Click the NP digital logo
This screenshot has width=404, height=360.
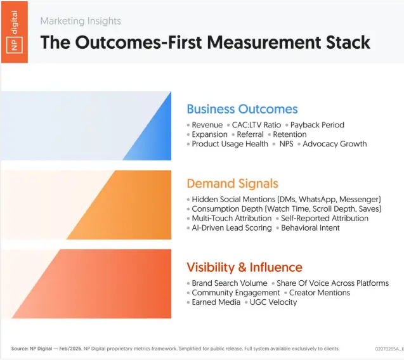click(14, 32)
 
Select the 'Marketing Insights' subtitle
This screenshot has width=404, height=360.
click(81, 21)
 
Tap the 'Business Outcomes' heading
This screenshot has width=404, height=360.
click(242, 109)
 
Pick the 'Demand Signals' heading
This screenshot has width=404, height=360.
click(232, 184)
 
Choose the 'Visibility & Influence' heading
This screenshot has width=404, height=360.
click(244, 267)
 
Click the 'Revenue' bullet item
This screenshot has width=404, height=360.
click(207, 125)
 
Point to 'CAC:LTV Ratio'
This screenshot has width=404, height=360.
click(256, 125)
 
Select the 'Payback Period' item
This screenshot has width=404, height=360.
click(317, 125)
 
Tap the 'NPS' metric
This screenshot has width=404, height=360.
click(287, 144)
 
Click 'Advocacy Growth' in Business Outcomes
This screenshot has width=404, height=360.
click(334, 144)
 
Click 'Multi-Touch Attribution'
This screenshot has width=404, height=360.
click(231, 218)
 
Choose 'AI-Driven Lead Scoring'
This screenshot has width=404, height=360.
click(231, 228)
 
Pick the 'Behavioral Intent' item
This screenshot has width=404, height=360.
click(310, 228)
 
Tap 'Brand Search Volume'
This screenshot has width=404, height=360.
click(229, 283)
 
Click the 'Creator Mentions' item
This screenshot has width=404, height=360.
click(320, 293)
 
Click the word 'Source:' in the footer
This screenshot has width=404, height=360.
click(19, 349)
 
